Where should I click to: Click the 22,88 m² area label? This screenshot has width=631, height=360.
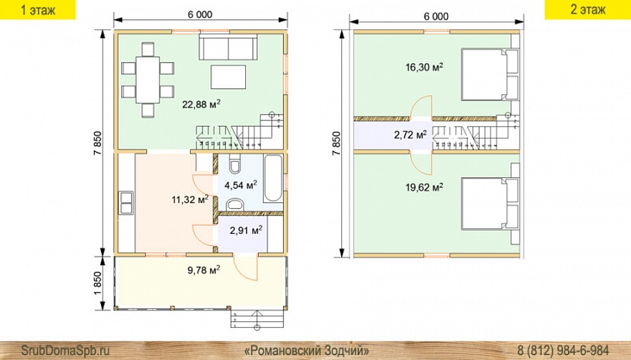tap(201, 104)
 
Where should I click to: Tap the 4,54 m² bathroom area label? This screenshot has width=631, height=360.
tap(241, 185)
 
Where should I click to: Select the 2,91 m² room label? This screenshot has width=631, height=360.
tap(246, 230)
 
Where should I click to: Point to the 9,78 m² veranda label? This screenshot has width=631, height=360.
tap(204, 270)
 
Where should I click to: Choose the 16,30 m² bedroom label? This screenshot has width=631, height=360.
tap(424, 67)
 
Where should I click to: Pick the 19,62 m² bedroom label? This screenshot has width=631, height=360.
tap(424, 187)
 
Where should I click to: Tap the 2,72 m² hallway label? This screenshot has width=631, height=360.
tap(410, 135)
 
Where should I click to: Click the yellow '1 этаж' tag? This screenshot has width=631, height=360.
tap(38, 9)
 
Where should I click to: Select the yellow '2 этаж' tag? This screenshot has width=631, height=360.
tap(588, 9)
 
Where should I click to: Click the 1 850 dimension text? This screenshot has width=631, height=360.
tap(99, 283)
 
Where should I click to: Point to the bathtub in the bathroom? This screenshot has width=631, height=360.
tap(274, 179)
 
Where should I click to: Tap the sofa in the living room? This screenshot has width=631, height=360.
tap(228, 47)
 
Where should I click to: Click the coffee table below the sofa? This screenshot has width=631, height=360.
tap(228, 77)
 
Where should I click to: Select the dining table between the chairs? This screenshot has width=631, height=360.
tap(148, 80)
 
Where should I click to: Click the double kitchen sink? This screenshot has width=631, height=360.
tap(125, 202)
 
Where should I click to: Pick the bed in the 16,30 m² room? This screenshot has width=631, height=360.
tap(490, 74)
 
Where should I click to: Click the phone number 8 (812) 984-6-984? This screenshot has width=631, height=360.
tap(563, 349)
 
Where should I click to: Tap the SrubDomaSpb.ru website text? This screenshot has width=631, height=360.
tap(65, 350)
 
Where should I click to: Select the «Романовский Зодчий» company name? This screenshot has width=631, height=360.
tap(307, 349)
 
